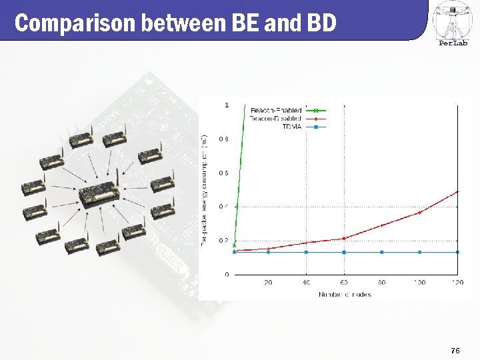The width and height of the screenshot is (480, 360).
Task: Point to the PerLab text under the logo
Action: coord(453,44)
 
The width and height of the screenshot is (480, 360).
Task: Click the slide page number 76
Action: coord(455,349)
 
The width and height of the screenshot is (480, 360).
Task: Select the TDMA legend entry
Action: coord(292,126)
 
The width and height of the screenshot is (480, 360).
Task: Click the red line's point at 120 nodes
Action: coord(457,192)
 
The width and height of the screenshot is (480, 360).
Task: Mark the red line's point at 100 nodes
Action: coord(419,213)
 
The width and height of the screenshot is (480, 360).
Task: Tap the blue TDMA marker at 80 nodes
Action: coord(382,252)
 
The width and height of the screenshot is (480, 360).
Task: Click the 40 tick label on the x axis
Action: coord(306,283)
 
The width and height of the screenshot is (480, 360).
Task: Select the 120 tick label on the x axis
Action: coord(457,283)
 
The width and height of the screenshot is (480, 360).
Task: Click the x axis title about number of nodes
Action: coord(345,294)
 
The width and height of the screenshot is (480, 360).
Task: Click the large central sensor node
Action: coord(99,193)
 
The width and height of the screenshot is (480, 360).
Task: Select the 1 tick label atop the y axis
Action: coord(227,105)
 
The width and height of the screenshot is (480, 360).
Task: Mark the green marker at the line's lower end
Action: coord(234,245)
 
